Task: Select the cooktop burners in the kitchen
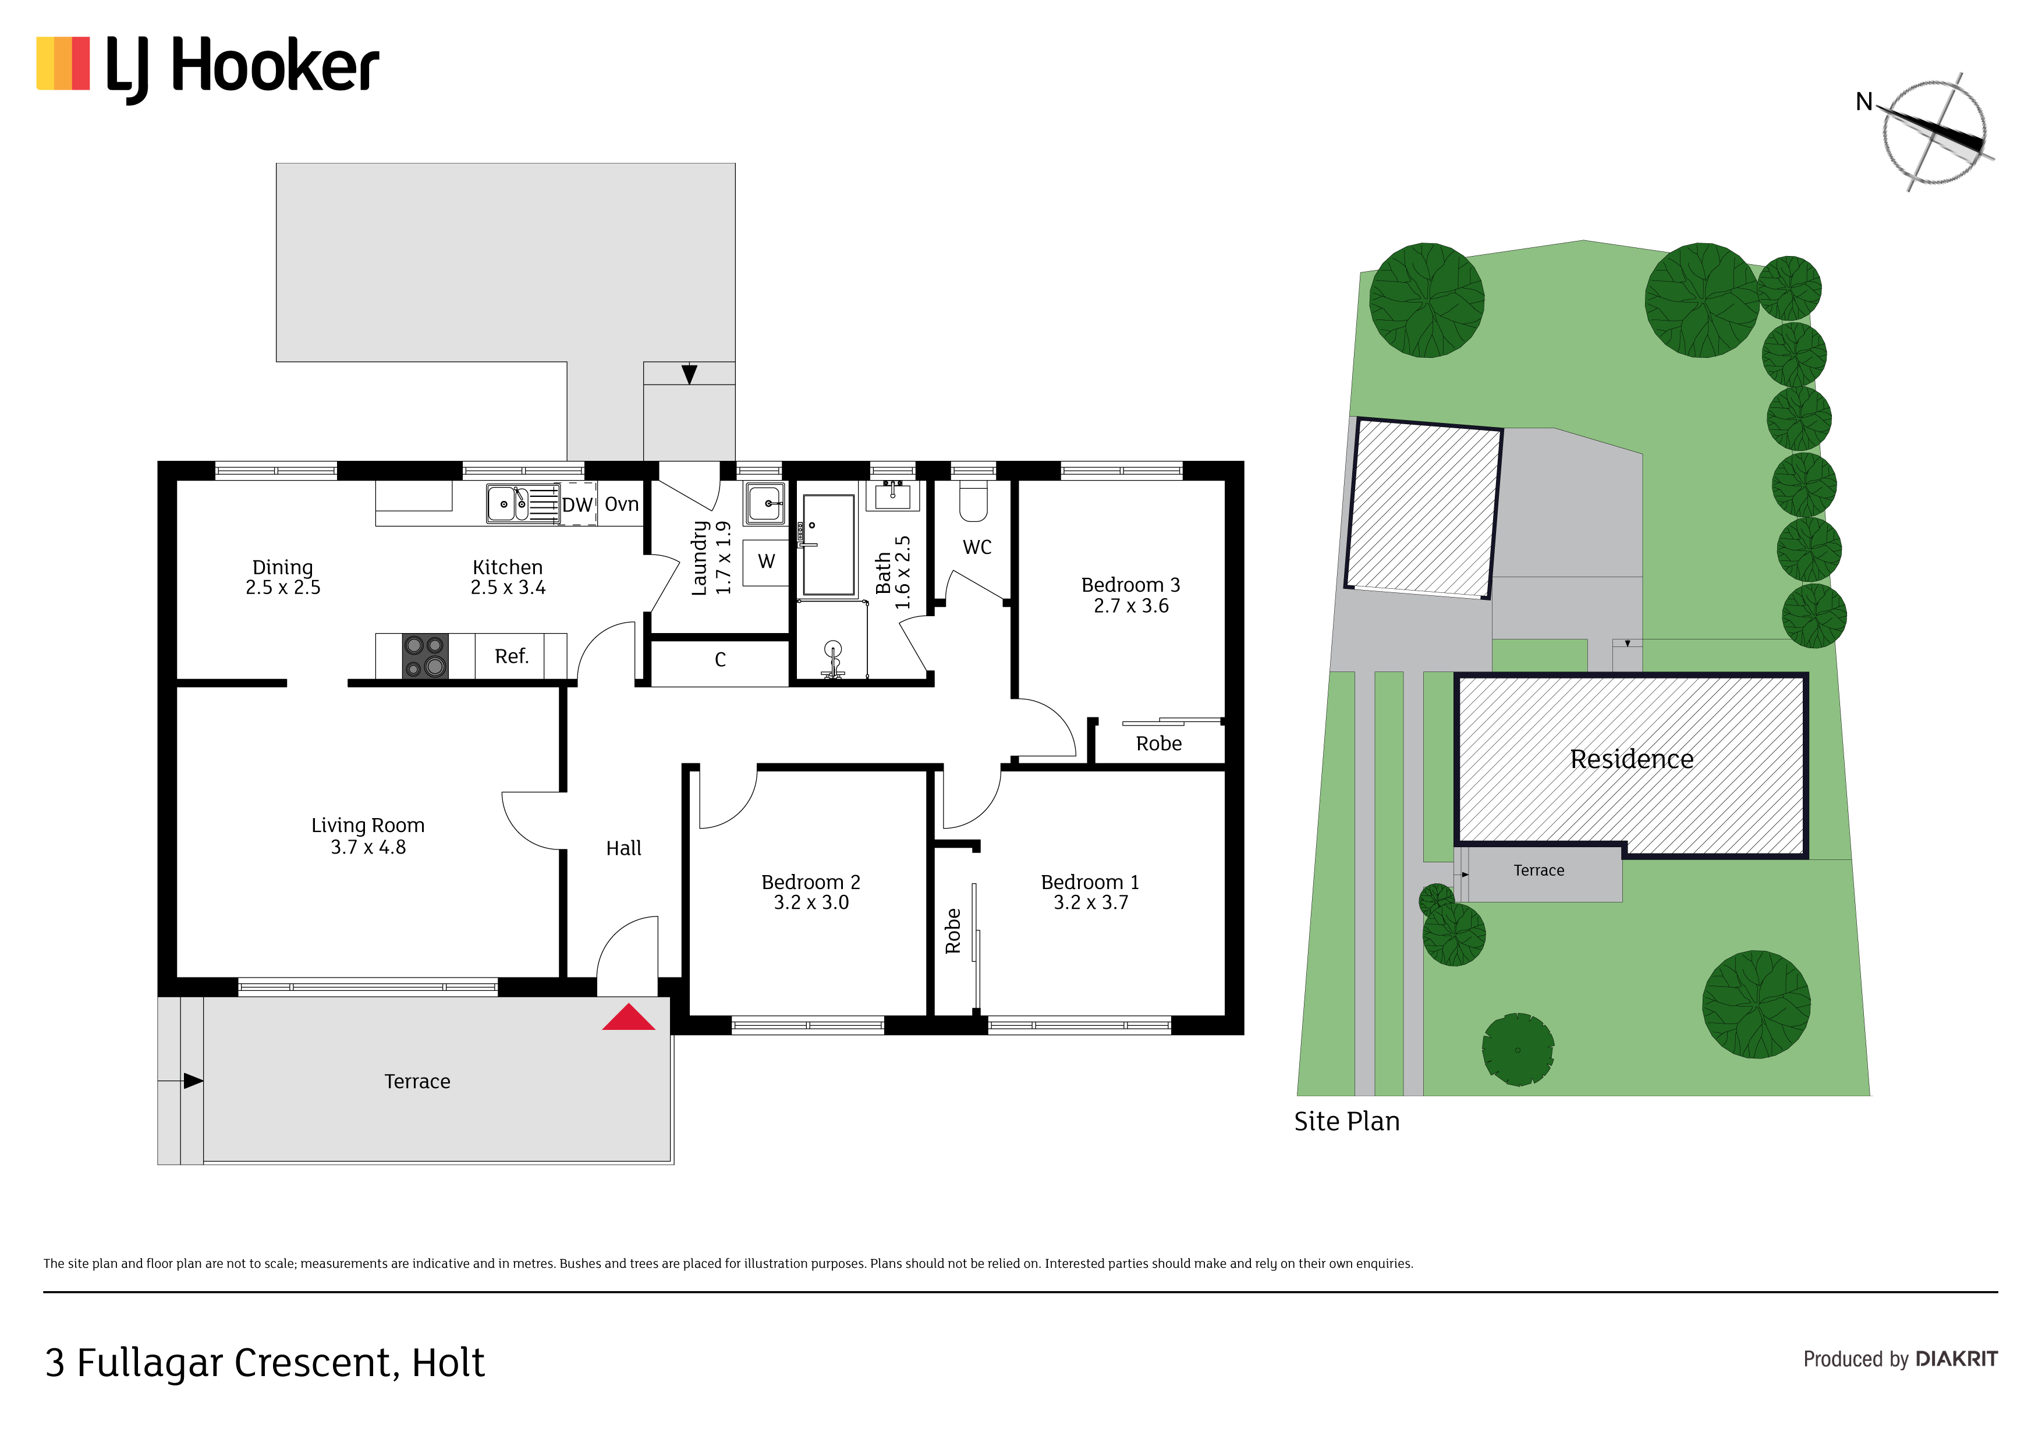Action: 425,656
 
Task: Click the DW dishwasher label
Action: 577,505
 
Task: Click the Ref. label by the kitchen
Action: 512,656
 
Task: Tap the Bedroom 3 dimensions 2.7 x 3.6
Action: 1131,606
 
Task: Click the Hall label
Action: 623,848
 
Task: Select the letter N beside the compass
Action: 1864,102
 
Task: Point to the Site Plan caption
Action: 1346,1121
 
